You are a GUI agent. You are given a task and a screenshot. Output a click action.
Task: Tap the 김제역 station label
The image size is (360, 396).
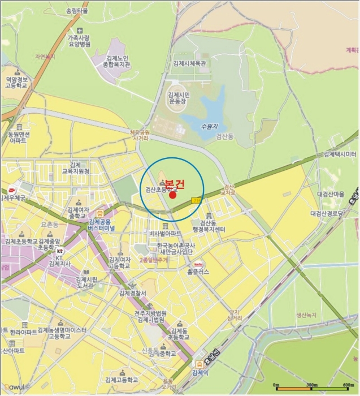200,373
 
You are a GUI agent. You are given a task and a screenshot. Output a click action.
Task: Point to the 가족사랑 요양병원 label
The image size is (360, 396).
79,41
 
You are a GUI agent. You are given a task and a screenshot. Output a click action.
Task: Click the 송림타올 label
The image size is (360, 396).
78,11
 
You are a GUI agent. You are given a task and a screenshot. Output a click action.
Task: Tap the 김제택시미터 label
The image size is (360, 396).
339,154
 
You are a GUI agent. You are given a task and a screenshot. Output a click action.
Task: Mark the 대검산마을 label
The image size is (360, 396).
331,194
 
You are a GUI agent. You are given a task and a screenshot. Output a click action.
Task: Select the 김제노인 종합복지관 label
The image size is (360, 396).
118,61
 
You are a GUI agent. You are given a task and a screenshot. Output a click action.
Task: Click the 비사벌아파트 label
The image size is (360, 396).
164,233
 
